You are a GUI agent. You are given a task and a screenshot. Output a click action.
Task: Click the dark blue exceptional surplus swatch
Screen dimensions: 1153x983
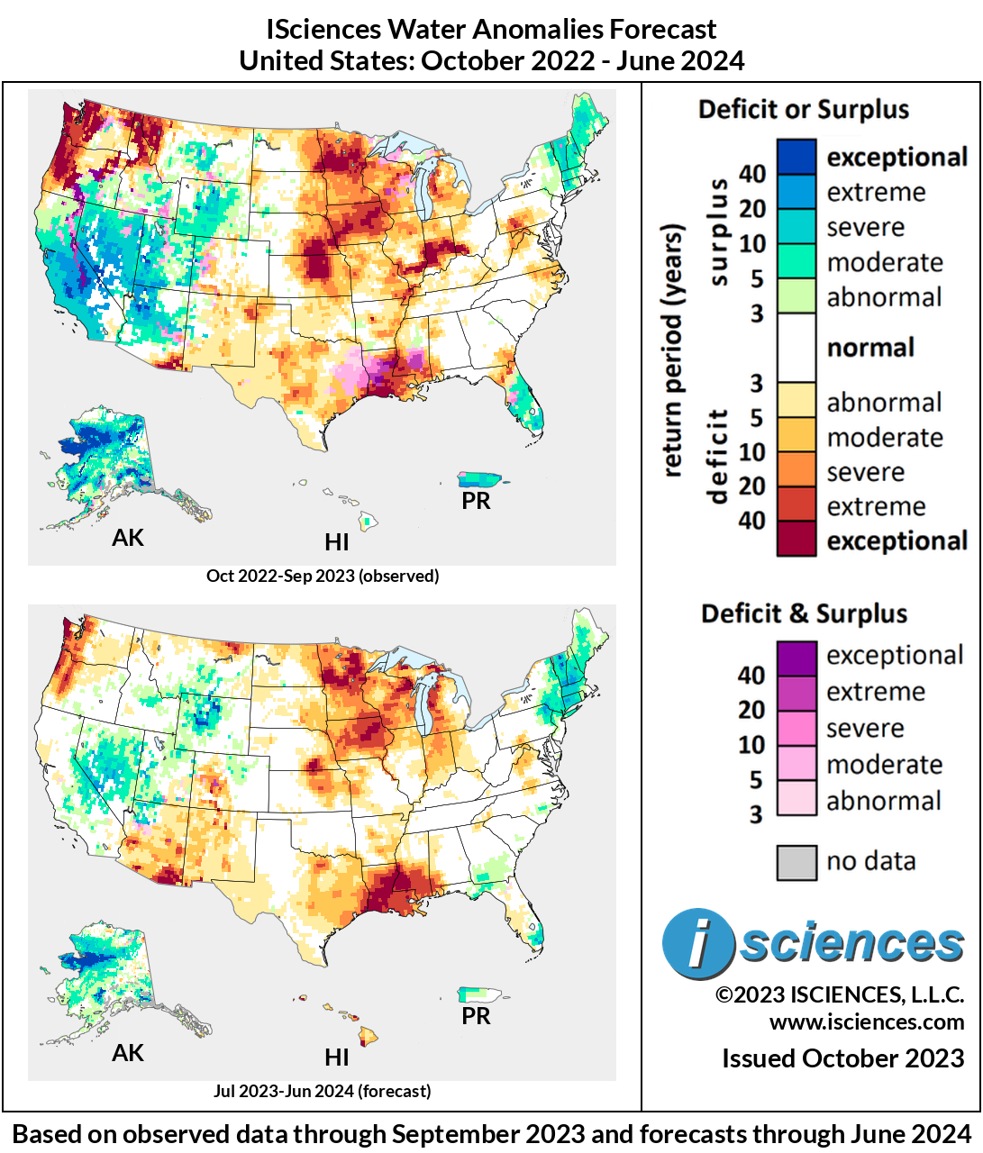coord(796,157)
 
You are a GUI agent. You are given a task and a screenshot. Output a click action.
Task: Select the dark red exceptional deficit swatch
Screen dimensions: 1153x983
coord(796,540)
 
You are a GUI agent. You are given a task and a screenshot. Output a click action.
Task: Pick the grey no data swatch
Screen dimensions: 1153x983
coord(796,862)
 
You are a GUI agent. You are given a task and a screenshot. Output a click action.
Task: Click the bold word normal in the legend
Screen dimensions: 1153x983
coord(870,348)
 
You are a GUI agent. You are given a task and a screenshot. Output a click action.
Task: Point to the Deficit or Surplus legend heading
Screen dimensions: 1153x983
coord(804,110)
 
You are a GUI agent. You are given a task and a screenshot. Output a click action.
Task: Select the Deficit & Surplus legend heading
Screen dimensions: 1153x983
coord(804,614)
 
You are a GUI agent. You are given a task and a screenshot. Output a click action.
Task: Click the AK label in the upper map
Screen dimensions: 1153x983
coord(128,538)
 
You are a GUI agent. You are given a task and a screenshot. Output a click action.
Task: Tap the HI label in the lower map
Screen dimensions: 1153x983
coord(337,1057)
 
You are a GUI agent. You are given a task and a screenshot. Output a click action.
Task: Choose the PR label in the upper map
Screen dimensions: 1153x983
coord(476,501)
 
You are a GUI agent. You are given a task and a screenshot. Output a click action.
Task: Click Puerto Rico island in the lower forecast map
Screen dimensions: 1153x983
coord(483,994)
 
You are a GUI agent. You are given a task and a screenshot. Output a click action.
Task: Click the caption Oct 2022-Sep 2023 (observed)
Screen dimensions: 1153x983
coord(323,576)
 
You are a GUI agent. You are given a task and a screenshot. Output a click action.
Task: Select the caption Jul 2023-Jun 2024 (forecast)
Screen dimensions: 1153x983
coord(323,1091)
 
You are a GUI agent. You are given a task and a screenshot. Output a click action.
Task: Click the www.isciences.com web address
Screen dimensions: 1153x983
coord(866,1022)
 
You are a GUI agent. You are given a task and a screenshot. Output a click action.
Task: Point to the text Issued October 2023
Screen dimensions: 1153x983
coord(842,1058)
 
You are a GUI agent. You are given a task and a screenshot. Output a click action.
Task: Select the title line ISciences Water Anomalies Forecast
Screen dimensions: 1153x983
coord(491,29)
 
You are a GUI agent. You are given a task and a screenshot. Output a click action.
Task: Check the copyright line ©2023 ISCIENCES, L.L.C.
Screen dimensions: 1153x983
coord(839,994)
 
